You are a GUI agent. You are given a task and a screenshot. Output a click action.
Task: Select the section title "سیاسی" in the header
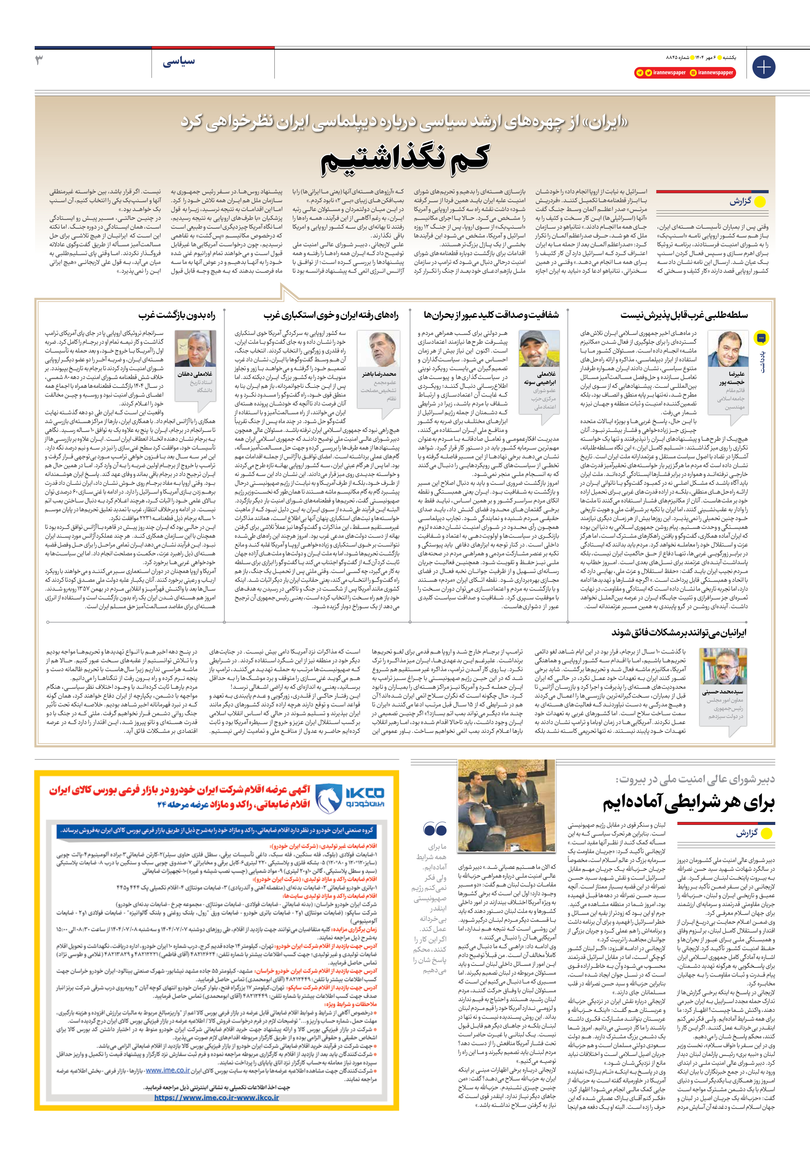point(179,62)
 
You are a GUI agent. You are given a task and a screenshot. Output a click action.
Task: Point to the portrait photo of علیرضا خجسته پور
point(727,349)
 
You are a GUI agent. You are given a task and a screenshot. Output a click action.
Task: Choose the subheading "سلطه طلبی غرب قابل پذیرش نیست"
point(684,316)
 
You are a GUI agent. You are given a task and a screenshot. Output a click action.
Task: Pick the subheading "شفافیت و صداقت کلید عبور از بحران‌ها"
point(492,316)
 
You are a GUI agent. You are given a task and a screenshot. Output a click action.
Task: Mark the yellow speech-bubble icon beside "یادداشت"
point(761,338)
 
